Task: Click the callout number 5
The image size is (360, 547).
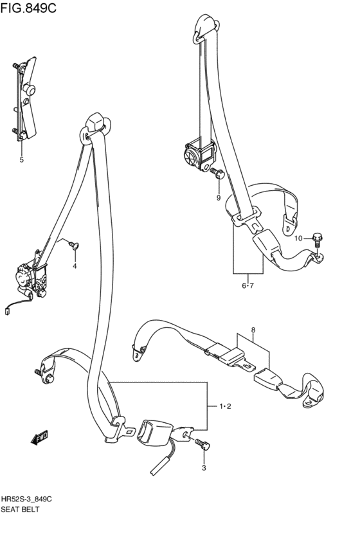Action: pos(22,160)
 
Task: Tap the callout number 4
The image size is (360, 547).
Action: pos(75,266)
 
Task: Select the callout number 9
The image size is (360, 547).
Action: pos(219,198)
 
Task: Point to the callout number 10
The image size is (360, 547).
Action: pos(298,238)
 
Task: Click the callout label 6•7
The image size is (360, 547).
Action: pos(248,285)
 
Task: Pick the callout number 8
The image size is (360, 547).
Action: pos(253,330)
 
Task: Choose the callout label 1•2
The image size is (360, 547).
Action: pos(226,406)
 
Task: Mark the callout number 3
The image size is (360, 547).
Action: pos(204,468)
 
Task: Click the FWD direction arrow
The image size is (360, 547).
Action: pos(39,438)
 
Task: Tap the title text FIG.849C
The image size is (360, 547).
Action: pos(28,8)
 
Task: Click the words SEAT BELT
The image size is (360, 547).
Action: pos(20,509)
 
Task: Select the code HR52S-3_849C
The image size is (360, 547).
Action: pos(26,499)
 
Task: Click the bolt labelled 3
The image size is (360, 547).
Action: pos(203,444)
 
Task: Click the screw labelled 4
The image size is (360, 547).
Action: pos(75,246)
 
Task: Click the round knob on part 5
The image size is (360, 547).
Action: pos(30,91)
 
